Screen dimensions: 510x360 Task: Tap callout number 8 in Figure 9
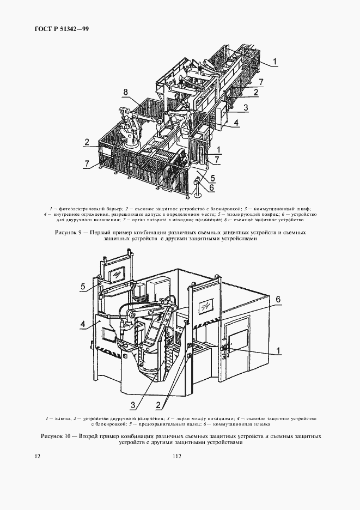tap(125, 93)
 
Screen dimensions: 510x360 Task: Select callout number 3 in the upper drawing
tap(246, 108)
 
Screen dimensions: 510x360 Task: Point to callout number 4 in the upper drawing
tap(236, 123)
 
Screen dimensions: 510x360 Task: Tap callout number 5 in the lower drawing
tap(83, 286)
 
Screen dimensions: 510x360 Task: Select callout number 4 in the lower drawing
tap(83, 325)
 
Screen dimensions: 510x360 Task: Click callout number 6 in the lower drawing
tap(277, 299)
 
